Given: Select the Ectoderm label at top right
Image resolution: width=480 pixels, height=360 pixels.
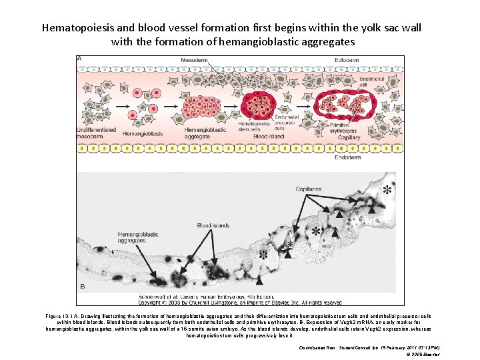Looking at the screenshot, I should pyautogui.click(x=348, y=61).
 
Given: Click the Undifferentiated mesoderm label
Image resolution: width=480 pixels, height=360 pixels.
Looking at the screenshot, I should pyautogui.click(x=99, y=133).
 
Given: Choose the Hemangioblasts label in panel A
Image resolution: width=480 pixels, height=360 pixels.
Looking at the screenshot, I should pyautogui.click(x=143, y=133).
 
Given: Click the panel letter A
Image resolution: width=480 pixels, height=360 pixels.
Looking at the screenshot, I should pyautogui.click(x=81, y=59).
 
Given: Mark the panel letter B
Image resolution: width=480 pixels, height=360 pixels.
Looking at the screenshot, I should pyautogui.click(x=82, y=287).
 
